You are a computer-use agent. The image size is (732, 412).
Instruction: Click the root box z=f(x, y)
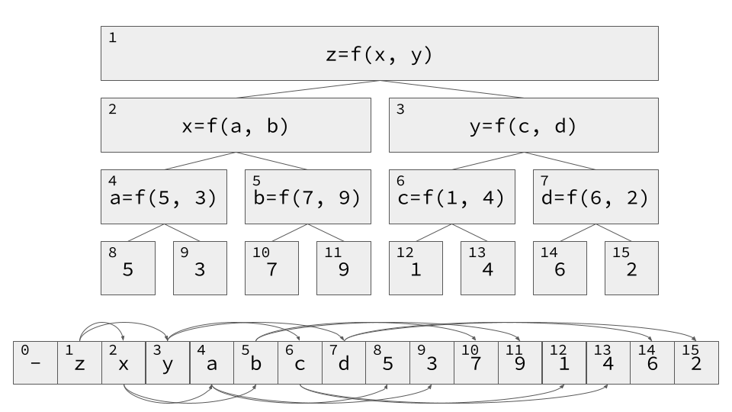point(379,53)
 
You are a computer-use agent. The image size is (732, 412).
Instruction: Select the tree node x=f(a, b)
point(236,125)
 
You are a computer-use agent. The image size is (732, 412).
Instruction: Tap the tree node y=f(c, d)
point(523,125)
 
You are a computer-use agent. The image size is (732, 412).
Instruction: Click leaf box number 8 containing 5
point(128,268)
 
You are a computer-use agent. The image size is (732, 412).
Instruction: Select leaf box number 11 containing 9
point(343,268)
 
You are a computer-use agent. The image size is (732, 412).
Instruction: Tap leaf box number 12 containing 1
point(416,268)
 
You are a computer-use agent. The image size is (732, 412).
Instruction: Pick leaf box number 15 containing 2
point(631,268)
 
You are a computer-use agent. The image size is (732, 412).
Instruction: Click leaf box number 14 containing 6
point(560,268)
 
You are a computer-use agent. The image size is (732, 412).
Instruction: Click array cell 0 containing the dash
point(35,362)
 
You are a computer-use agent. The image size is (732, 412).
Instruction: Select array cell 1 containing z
point(79,362)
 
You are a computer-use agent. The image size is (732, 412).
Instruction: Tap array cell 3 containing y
point(167,362)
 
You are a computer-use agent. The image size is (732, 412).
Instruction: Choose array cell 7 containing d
point(343,362)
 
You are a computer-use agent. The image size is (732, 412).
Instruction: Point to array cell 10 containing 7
point(475,362)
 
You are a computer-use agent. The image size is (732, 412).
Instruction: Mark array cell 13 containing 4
point(608,362)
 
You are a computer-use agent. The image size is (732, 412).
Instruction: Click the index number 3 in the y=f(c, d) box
point(400,109)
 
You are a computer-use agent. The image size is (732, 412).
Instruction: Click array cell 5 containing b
point(255,362)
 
